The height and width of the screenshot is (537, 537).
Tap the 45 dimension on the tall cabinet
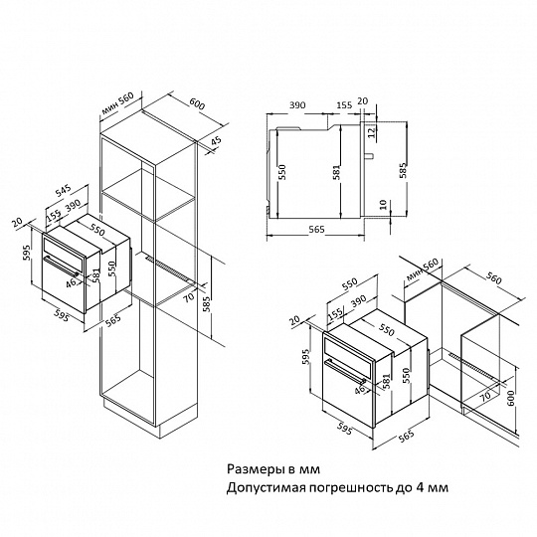(x=217, y=142)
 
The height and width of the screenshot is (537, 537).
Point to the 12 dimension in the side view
(x=372, y=132)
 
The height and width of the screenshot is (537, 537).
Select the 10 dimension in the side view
(x=383, y=205)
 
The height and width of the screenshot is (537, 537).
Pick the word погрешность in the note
(x=351, y=487)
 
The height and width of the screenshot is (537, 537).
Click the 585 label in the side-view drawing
(x=403, y=170)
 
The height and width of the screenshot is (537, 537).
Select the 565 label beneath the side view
(x=316, y=230)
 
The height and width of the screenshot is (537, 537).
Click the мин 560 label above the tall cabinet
(x=117, y=103)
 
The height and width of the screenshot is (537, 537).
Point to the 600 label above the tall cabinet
(x=197, y=103)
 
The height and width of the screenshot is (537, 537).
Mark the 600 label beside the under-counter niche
(x=511, y=399)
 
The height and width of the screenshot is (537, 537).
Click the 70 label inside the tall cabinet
(x=188, y=296)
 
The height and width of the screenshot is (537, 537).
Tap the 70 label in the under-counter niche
(x=485, y=396)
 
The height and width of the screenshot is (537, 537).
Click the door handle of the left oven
(x=62, y=267)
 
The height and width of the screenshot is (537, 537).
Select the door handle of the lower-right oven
(x=346, y=371)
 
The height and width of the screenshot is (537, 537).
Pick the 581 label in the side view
(x=337, y=172)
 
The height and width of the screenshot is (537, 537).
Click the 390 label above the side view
(x=297, y=104)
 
